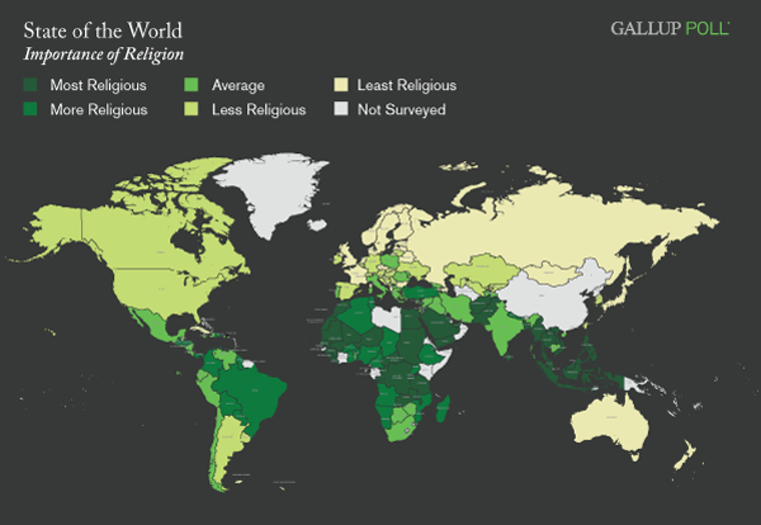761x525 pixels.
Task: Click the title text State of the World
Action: pos(102,32)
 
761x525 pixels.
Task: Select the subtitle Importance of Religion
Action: pos(103,55)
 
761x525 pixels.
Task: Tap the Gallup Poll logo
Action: pos(670,28)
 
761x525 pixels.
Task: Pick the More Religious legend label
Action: pos(98,110)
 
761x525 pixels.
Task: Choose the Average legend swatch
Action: pos(194,85)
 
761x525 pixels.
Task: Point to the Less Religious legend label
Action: pos(258,110)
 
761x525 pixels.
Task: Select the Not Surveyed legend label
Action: pos(401,110)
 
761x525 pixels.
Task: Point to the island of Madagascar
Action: pos(443,407)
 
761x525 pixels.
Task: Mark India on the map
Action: pos(503,327)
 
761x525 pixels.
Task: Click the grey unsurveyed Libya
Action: pos(387,318)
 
